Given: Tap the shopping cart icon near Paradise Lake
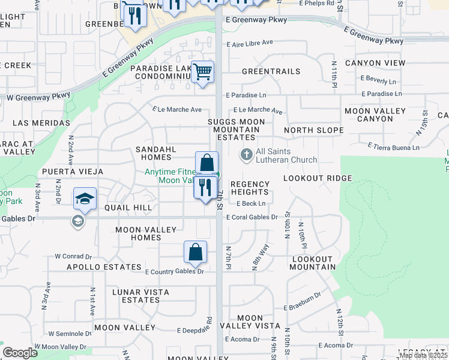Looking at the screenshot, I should click(x=203, y=72).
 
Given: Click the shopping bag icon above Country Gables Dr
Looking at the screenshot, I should click(x=196, y=252).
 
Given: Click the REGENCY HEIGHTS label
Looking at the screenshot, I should click(x=250, y=188).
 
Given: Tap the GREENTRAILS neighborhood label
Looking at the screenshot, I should click(x=271, y=71).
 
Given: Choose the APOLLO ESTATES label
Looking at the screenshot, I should click(x=104, y=267).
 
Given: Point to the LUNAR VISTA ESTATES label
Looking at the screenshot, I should click(x=140, y=296).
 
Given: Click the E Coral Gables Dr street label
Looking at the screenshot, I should click(x=252, y=217).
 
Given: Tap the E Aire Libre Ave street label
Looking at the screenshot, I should click(x=250, y=43).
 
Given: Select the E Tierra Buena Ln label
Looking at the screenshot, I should click(x=394, y=147).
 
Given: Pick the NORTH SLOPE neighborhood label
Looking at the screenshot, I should click(x=313, y=130).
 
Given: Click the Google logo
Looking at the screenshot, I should click(x=20, y=353).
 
